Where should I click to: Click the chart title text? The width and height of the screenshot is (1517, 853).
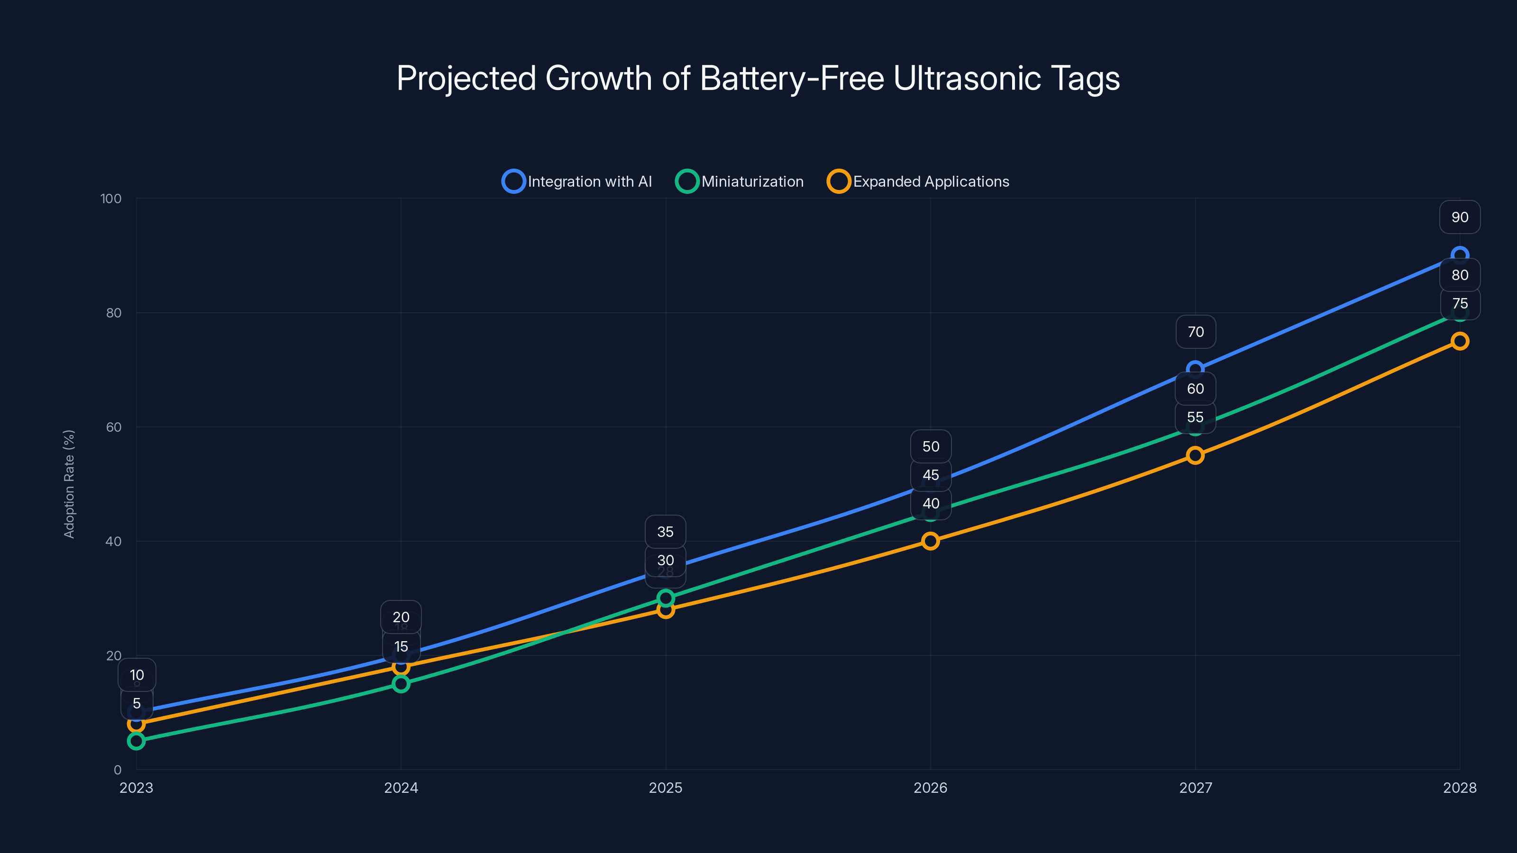[758, 78]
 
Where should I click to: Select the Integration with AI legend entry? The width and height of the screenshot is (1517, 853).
[577, 181]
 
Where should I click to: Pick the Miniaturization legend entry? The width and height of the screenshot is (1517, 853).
[740, 181]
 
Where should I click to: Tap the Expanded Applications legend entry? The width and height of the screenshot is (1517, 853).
[918, 181]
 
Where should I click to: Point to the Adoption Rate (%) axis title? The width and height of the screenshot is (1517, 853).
[69, 484]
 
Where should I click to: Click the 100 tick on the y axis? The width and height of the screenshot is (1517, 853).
[111, 199]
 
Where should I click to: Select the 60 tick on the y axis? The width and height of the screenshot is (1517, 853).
[114, 427]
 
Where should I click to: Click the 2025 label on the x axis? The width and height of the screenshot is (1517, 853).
[666, 788]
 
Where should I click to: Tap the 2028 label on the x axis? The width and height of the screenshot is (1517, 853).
[1459, 788]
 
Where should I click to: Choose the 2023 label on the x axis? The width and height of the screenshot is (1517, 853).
[136, 788]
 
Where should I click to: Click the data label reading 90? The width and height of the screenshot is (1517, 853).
[1459, 217]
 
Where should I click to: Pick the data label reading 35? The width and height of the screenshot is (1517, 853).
[666, 532]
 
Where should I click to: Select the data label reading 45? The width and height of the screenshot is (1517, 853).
[931, 475]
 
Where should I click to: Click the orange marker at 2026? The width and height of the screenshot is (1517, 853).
[931, 541]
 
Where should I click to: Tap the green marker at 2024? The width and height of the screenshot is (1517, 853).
[401, 684]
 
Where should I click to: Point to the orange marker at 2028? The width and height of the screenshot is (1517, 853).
[1459, 341]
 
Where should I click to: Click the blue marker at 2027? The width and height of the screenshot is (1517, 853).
[1195, 370]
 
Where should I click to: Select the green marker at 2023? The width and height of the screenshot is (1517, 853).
[136, 741]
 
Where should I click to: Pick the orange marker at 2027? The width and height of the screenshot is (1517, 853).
[1195, 455]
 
